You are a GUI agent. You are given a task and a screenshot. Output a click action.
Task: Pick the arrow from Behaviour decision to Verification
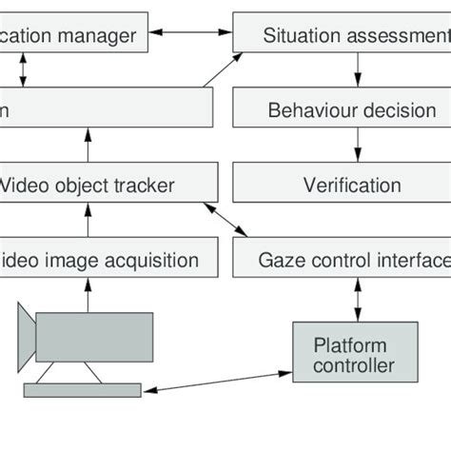pos(358,147)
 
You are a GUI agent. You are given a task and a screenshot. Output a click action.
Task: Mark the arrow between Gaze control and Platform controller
pos(358,298)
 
